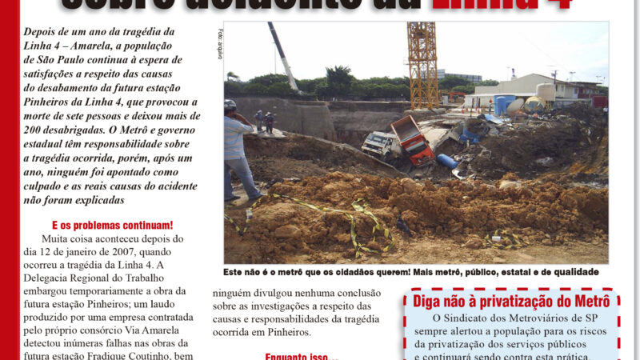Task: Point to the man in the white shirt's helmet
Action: (230, 105)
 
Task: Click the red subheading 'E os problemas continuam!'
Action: (112, 226)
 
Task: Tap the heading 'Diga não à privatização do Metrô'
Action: (511, 302)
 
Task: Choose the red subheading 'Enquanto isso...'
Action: (301, 356)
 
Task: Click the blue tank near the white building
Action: (504, 105)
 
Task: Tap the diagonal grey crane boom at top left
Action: (282, 56)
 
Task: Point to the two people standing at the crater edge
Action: (264, 122)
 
